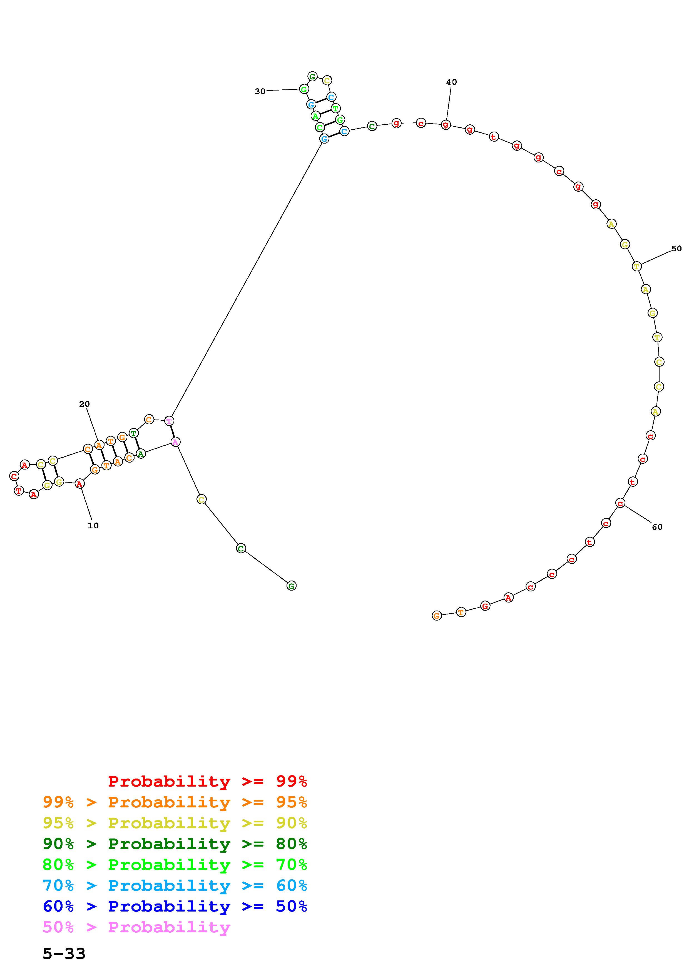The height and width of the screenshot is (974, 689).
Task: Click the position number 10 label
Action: (x=93, y=526)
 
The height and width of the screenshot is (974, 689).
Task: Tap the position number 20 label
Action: (x=84, y=404)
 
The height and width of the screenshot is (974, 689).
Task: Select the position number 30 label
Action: (x=260, y=91)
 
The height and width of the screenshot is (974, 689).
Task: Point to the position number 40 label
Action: (x=452, y=82)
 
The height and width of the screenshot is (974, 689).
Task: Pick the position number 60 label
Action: (x=657, y=527)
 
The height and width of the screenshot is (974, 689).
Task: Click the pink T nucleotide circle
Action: (x=169, y=421)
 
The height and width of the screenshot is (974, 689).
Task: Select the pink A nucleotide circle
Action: (x=175, y=442)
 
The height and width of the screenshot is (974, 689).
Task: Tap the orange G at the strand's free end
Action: (x=437, y=616)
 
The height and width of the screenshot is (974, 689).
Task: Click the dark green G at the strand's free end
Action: (x=291, y=586)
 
